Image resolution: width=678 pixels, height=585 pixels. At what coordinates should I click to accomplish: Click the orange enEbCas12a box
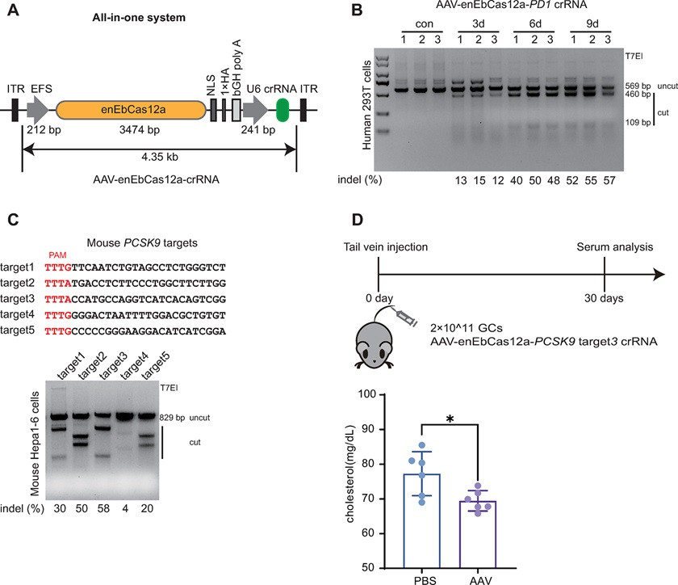pos(131,110)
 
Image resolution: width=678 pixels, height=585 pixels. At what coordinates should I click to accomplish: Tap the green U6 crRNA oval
pos(282,110)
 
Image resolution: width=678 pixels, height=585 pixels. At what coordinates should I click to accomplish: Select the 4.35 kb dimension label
pos(160,157)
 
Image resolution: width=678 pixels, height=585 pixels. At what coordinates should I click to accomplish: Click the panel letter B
pos(357,10)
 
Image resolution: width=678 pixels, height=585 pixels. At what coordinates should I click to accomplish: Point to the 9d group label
pos(592,23)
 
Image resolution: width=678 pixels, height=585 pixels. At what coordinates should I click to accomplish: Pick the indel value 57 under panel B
pos(609,180)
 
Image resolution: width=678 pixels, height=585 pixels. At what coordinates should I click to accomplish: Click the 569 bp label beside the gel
pos(638,86)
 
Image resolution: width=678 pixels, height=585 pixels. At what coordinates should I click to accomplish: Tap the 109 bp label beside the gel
pos(638,122)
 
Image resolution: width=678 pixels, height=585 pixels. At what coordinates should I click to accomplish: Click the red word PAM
pos(57,255)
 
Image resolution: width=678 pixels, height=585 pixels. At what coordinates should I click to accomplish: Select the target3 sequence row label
pos(17,299)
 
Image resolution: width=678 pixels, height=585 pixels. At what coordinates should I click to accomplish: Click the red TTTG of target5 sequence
pos(58,331)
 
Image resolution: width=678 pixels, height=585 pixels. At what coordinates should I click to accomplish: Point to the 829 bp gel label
pos(172,418)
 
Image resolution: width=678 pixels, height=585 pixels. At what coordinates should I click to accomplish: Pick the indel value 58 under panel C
pos(103,508)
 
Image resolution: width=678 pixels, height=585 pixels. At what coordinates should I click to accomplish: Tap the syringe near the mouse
pos(404,317)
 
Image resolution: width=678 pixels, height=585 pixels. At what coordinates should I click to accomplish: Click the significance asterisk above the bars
pos(450,419)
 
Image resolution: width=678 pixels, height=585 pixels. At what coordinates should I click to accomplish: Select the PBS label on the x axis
pos(425,580)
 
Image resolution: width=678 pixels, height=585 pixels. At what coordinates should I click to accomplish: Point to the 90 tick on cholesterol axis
pos(368,429)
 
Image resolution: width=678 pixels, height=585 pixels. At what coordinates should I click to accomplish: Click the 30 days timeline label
pos(604,298)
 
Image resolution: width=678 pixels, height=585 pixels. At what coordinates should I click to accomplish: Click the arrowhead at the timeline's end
pos(659,274)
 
